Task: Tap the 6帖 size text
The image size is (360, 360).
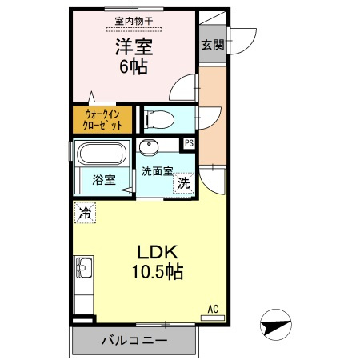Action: point(134,66)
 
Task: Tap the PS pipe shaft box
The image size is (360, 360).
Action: point(190,143)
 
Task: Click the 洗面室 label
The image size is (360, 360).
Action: point(156,170)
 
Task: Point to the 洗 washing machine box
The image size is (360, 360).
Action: point(183,182)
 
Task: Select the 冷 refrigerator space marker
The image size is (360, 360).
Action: point(84,214)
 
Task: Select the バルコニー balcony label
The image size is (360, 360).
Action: point(134,341)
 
